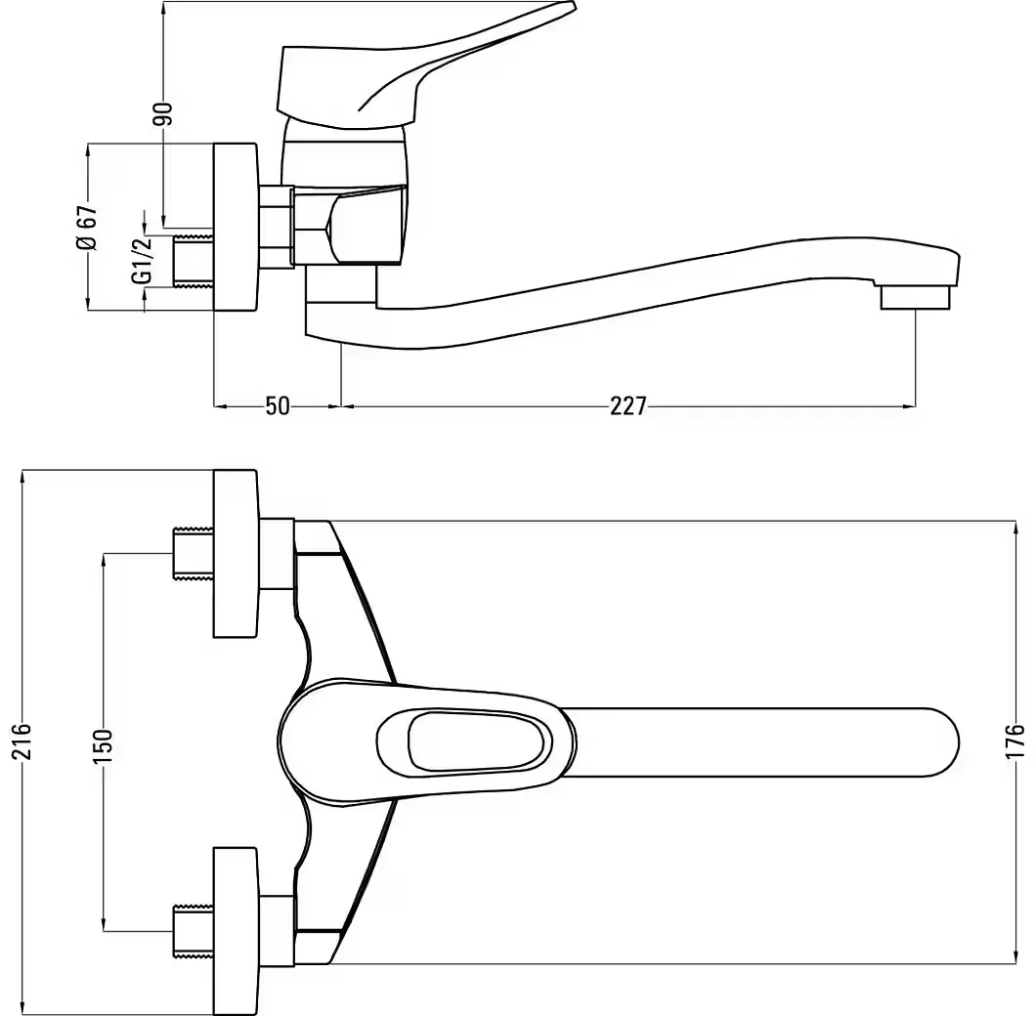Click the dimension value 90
[164, 113]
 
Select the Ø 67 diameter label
[87, 227]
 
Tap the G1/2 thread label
[143, 261]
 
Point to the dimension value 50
[278, 405]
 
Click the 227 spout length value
[627, 405]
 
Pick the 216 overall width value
[22, 741]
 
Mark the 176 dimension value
[1015, 741]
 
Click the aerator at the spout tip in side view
[917, 297]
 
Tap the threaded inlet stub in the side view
[194, 261]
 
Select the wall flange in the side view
[236, 227]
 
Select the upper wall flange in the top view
[235, 554]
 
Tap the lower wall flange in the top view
[235, 931]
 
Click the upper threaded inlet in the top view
[194, 554]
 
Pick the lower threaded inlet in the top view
[194, 931]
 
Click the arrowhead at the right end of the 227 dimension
[909, 405]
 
